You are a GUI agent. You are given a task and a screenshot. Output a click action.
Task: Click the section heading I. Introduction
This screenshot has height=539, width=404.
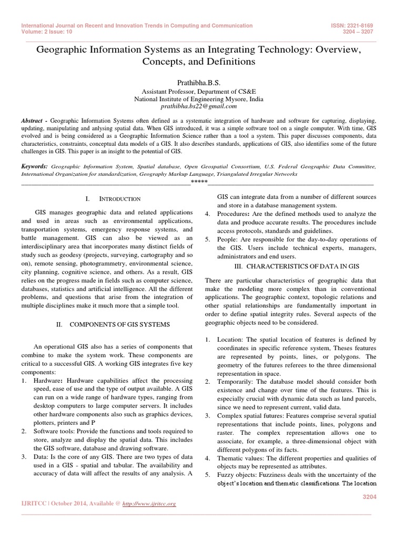112,199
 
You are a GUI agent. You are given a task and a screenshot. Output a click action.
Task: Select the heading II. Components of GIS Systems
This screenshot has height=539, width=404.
113,325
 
